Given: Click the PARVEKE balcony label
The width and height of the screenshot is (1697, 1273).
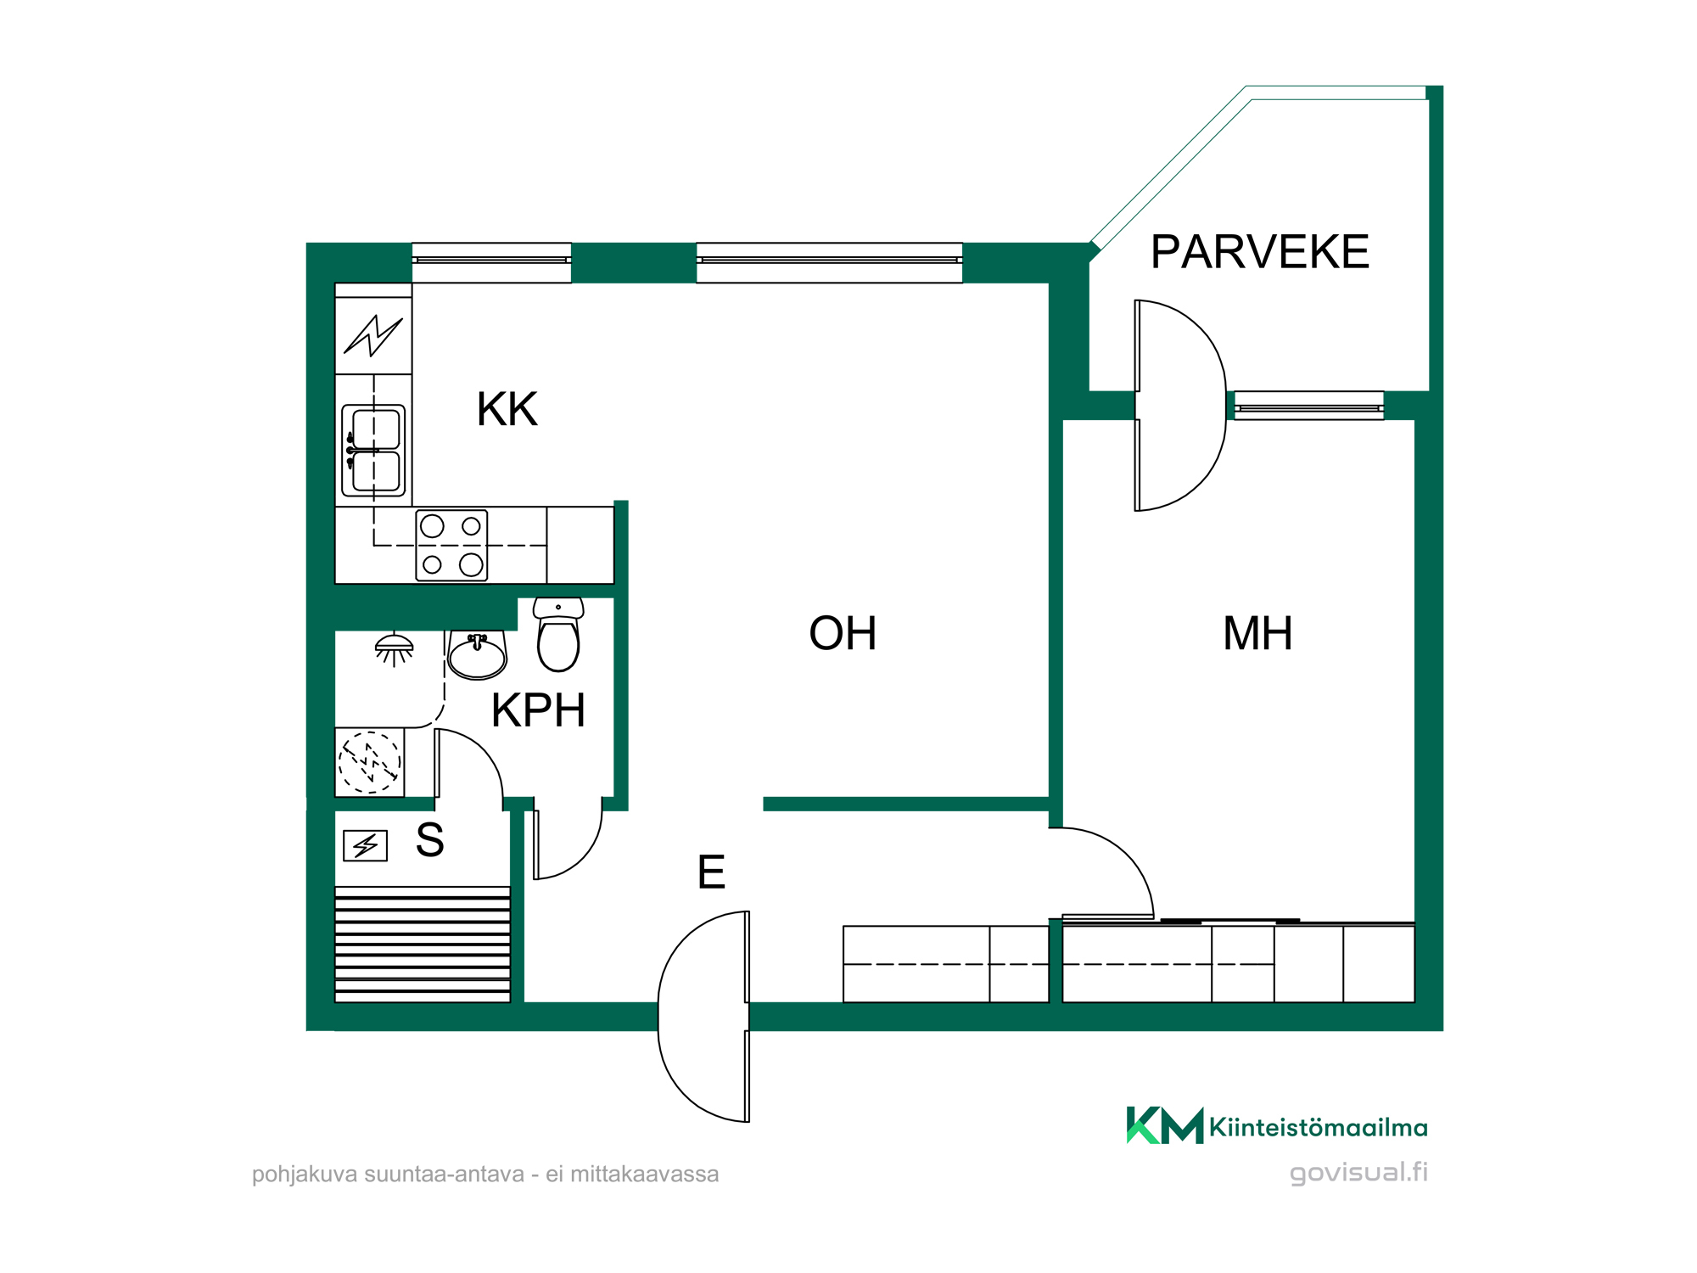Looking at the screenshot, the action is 1260,251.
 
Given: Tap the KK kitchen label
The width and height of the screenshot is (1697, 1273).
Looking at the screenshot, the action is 507,409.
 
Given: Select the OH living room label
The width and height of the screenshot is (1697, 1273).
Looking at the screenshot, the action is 843,633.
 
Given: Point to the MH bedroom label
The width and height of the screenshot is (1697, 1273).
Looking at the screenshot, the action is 1257,633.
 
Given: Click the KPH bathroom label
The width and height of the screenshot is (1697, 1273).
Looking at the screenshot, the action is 538,710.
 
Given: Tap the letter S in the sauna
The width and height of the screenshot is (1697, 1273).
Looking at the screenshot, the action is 430,840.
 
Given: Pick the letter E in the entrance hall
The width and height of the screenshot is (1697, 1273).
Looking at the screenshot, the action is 711,872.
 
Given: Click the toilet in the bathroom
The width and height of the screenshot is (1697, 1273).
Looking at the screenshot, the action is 558,634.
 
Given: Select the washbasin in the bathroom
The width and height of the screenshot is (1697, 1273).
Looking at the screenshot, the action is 477,654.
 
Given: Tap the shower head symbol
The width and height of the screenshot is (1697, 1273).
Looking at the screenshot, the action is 394,648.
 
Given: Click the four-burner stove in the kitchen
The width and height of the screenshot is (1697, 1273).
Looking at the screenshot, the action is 451,546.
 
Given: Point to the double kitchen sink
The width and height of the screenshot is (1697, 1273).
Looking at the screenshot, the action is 373,451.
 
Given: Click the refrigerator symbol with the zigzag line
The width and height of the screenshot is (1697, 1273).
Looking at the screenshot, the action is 373,335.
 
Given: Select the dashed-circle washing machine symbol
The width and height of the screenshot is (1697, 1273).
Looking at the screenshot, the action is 369,762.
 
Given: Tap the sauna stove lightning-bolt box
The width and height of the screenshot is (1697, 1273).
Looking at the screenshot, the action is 365,845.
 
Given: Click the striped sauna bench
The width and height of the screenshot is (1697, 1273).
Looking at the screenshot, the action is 423,945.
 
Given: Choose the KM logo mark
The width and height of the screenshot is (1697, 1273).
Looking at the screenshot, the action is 1165,1125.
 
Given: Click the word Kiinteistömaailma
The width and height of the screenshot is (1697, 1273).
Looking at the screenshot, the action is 1319,1127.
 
